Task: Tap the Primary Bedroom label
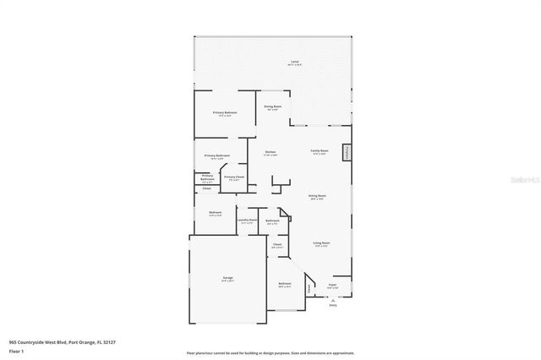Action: [x=225, y=112]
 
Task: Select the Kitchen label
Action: [x=270, y=152]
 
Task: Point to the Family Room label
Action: [x=320, y=150]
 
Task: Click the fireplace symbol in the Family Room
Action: [x=345, y=152]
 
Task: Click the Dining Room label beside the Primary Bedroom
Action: [x=273, y=106]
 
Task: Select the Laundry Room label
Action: [x=247, y=220]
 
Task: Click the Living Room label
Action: [x=321, y=243]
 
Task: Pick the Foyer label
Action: [x=332, y=286]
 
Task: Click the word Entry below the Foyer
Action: [x=333, y=306]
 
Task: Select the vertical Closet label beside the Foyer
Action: [x=309, y=288]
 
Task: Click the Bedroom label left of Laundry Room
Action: [x=215, y=212]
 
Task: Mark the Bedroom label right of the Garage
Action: [x=285, y=283]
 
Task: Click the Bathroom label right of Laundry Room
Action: [x=272, y=221]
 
